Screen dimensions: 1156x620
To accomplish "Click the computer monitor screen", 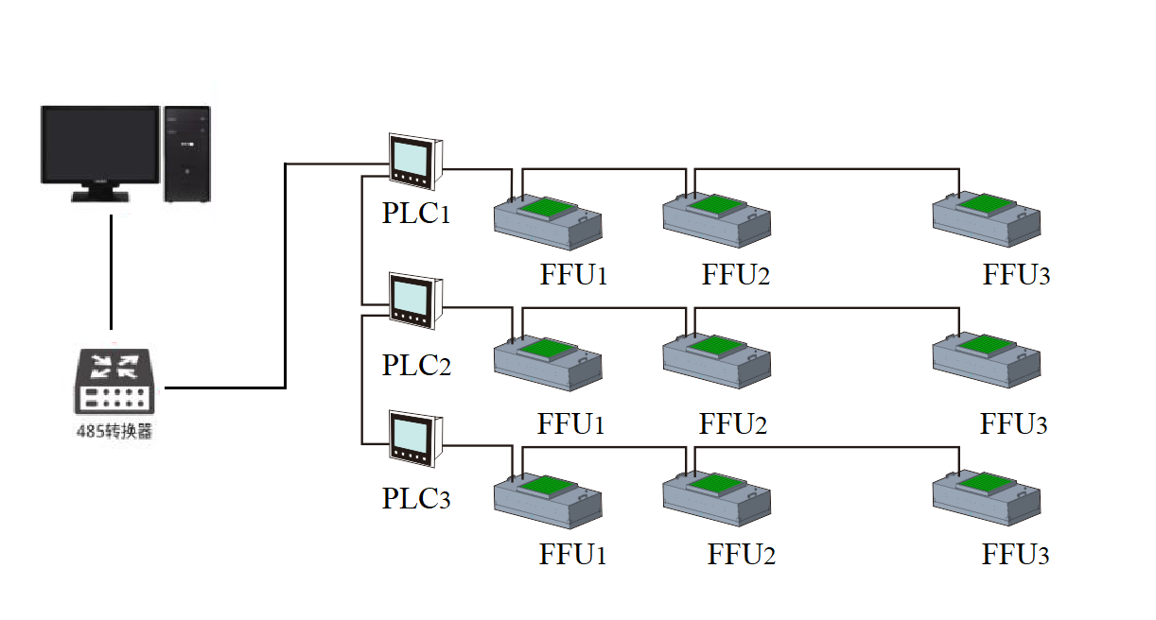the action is tap(100, 144).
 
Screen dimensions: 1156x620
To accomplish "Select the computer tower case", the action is tap(187, 154).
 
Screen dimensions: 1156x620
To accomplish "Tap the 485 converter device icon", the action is tap(114, 381).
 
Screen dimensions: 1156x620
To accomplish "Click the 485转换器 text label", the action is tap(114, 431).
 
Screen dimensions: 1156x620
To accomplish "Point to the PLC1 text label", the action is tap(416, 213).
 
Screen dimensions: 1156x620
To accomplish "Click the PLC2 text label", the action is tap(416, 365).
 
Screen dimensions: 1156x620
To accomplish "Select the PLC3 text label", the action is tap(416, 498).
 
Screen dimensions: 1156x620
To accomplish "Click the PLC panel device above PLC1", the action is tap(416, 162).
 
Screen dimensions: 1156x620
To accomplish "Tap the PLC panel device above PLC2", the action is tap(416, 301).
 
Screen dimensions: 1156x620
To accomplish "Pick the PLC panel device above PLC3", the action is tap(416, 439).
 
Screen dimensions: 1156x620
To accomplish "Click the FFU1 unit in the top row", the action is tap(548, 222).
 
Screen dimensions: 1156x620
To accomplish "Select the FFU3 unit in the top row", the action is tap(987, 219).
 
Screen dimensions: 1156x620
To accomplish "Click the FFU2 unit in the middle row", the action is tap(717, 360).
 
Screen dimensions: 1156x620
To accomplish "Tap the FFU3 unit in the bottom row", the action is tap(987, 498).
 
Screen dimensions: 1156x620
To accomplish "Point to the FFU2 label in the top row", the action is tap(735, 274).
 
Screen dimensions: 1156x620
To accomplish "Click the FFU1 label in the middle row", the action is tap(570, 424).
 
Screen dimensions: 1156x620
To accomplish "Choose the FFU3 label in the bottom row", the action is tap(1016, 555).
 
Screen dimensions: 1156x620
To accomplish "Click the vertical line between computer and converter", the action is tap(111, 272).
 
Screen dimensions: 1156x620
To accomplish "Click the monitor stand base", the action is tap(100, 196).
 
